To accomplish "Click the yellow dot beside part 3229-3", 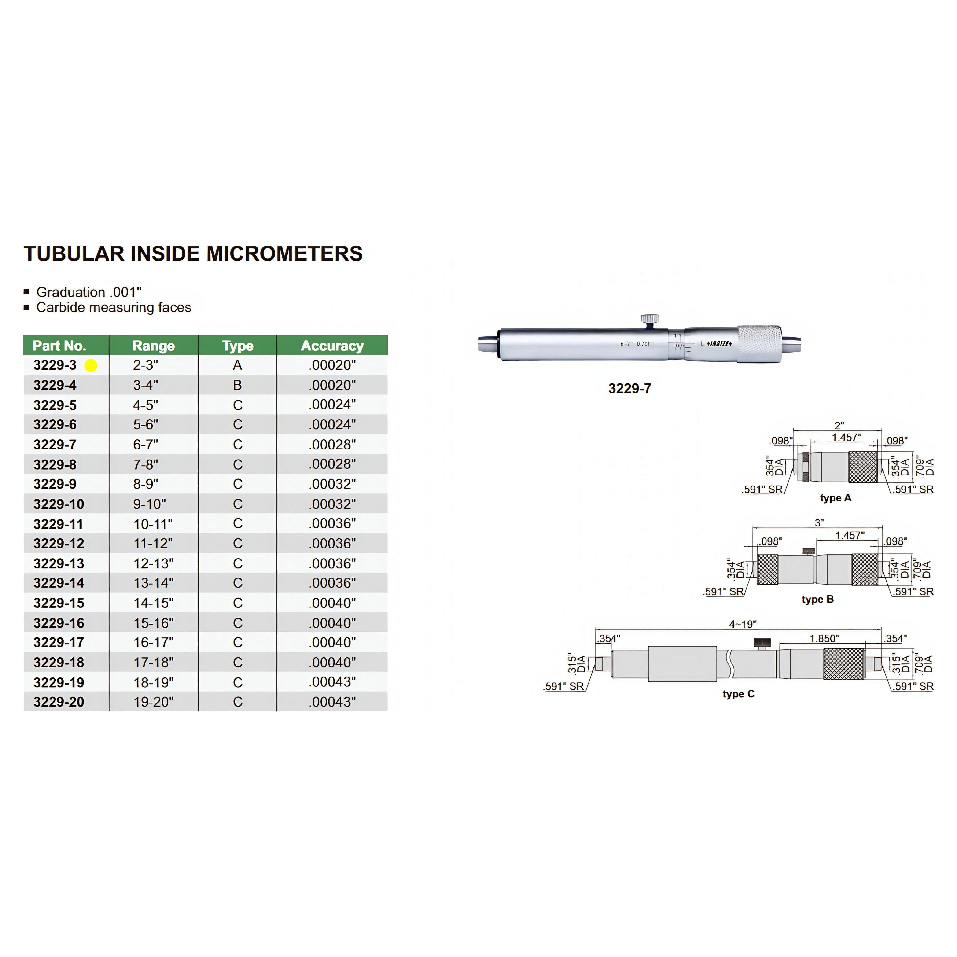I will pos(91,366).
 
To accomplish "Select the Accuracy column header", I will pos(332,346).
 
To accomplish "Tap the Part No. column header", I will pos(59,346).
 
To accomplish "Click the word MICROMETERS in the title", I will pos(284,254).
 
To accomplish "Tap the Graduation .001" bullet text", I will pos(89,292).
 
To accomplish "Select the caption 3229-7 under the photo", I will pos(629,388).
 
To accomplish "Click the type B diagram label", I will pos(817,599).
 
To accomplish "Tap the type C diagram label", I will pos(738,694).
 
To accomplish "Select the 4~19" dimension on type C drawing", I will pos(743,624).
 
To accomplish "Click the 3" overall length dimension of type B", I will pos(819,523).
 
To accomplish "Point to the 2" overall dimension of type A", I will pos(839,426).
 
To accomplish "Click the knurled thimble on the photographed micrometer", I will pos(759,344).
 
